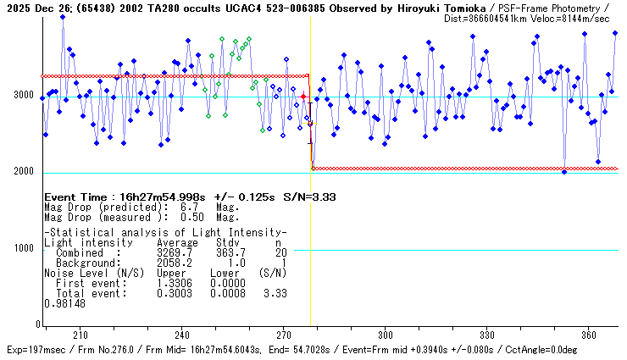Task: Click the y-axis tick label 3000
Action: click(x=22, y=95)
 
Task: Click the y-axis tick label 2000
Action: click(x=22, y=172)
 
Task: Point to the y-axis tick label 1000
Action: click(x=22, y=248)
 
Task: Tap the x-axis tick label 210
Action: click(x=80, y=335)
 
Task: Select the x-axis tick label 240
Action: click(x=182, y=335)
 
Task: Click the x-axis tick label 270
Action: click(x=284, y=335)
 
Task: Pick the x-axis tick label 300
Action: click(x=386, y=335)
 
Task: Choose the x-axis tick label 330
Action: click(x=487, y=335)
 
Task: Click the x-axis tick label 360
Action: click(x=589, y=335)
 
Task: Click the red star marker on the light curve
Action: click(x=303, y=97)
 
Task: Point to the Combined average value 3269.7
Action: click(x=175, y=252)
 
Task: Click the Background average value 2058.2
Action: click(x=175, y=263)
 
